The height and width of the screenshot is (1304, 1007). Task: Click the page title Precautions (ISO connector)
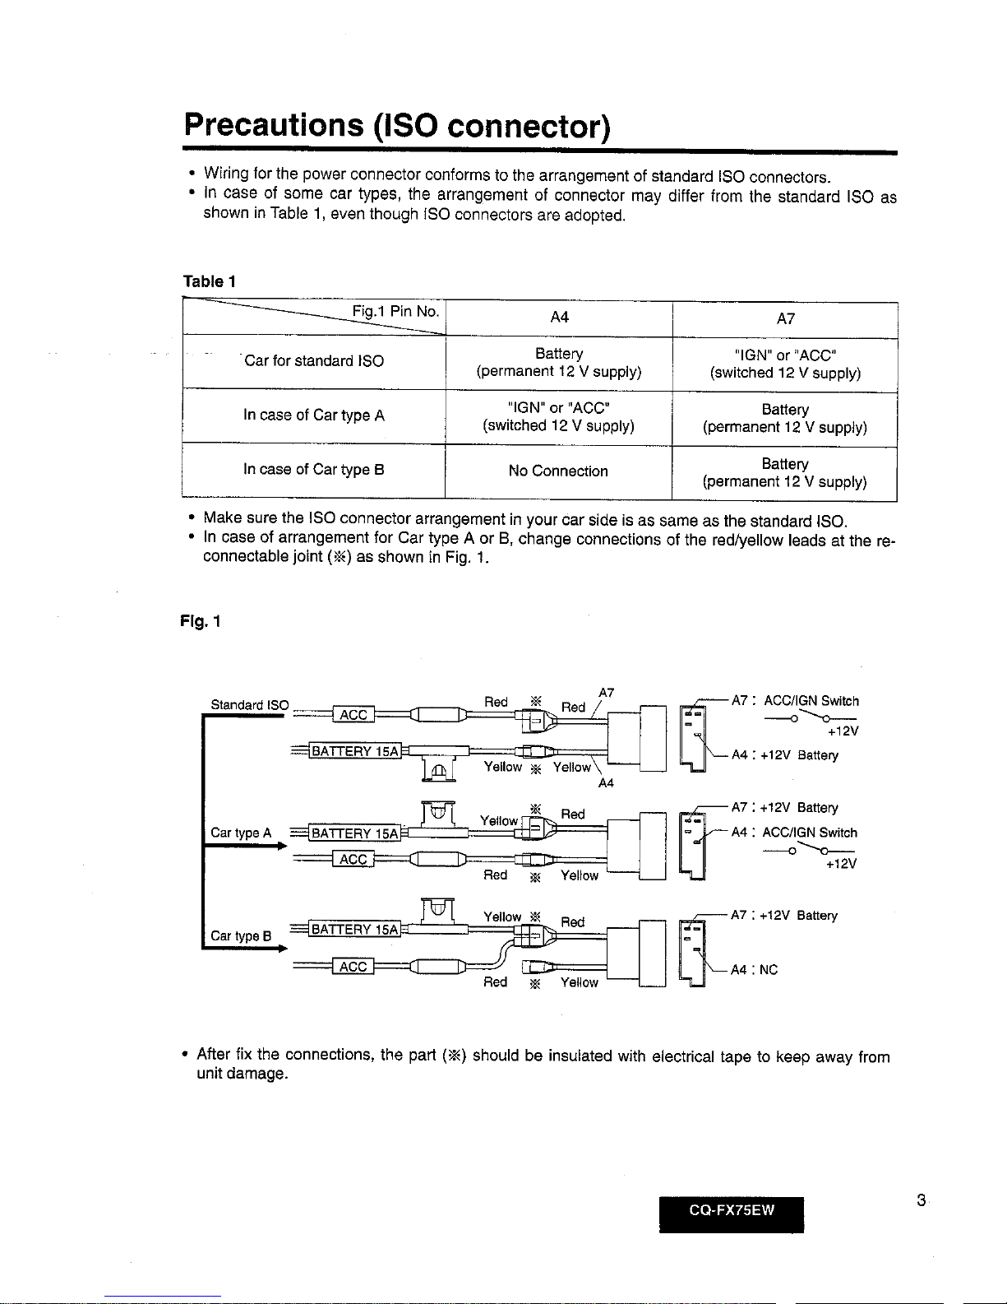[397, 125]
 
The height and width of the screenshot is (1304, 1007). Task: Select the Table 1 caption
[209, 281]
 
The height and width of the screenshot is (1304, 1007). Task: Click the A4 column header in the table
[559, 318]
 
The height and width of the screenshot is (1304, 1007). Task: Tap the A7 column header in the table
[785, 318]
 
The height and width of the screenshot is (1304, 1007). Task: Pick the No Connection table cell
[558, 471]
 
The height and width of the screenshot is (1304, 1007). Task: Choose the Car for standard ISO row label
[314, 360]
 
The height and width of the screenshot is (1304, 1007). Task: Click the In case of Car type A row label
[313, 415]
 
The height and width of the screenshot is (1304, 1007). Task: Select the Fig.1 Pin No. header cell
[395, 312]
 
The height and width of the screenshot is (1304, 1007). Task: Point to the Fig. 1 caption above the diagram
[201, 621]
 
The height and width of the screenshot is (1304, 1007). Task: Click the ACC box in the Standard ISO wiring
[353, 714]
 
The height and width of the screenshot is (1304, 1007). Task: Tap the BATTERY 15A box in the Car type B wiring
[354, 930]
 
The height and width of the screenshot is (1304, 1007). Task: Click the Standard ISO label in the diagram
[249, 704]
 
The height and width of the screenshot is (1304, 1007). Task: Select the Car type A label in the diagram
[241, 833]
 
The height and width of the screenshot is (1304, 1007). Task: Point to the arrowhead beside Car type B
[282, 949]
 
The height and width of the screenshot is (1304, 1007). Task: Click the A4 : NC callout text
[754, 970]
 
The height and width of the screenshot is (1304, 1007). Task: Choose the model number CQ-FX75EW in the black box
[732, 1209]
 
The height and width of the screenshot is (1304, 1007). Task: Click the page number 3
[922, 1200]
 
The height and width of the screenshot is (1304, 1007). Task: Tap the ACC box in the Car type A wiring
[353, 859]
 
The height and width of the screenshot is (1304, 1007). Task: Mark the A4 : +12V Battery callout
[784, 755]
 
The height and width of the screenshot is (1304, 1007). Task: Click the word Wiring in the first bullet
[226, 174]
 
